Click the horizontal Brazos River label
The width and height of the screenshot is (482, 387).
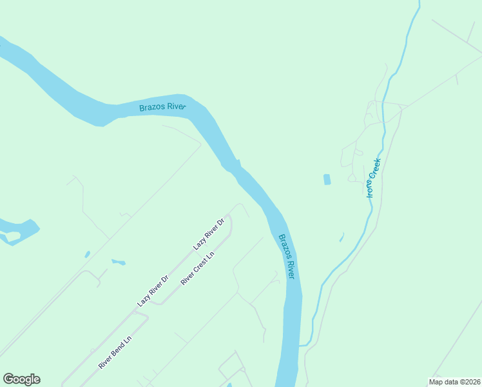[162, 106]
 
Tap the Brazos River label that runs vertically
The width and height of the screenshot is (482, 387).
[286, 256]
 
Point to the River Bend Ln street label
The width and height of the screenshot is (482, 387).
[115, 352]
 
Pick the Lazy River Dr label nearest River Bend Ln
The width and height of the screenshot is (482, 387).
[153, 291]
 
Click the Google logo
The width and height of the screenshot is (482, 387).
[21, 379]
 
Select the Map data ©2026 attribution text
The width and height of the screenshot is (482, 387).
[454, 382]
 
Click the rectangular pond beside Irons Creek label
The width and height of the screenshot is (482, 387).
[327, 179]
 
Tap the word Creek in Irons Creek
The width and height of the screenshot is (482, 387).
[376, 168]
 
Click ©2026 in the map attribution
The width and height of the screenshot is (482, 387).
[468, 382]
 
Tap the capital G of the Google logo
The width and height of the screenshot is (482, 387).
[8, 379]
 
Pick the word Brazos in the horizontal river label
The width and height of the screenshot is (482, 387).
[151, 108]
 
